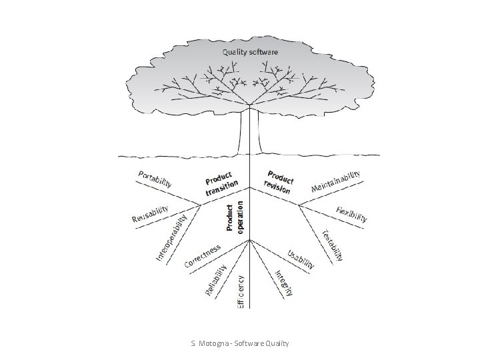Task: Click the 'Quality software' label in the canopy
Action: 251,51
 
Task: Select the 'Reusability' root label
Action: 156,213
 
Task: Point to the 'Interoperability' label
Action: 171,236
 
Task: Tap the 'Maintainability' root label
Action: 337,180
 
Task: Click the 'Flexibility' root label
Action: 352,214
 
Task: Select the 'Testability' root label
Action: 333,245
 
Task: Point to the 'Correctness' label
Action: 203,255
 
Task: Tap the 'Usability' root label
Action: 301,259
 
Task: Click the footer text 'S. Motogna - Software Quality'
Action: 240,343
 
